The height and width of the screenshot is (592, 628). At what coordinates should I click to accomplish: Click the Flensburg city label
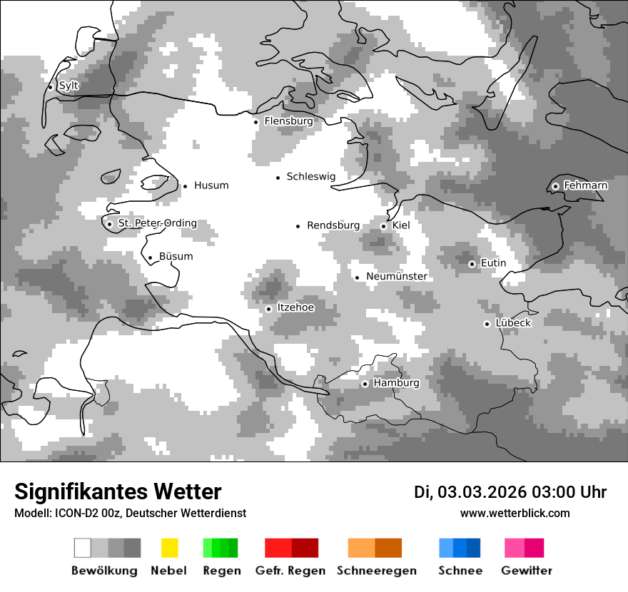(288, 121)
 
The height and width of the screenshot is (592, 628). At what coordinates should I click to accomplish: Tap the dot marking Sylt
(51, 87)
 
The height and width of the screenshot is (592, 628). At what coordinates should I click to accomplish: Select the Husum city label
(211, 185)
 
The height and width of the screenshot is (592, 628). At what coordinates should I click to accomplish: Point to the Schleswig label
(310, 176)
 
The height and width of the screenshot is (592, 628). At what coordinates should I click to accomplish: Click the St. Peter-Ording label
(157, 223)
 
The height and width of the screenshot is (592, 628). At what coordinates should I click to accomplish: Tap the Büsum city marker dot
(150, 258)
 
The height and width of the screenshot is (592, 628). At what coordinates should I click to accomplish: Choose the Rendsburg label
(333, 225)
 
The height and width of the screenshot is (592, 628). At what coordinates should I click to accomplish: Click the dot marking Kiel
(383, 226)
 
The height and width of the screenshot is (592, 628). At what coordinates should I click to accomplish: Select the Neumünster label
(397, 276)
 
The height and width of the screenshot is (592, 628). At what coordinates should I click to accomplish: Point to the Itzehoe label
(295, 307)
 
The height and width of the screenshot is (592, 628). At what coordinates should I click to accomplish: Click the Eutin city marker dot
(472, 264)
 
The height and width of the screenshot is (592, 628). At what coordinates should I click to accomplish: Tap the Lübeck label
(513, 323)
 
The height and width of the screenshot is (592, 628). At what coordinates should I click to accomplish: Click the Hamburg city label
(396, 383)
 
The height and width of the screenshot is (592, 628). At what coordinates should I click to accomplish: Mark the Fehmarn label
(585, 185)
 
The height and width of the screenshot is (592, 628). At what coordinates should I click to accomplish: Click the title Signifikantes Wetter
(118, 491)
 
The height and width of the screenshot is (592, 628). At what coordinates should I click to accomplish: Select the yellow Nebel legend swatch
(169, 548)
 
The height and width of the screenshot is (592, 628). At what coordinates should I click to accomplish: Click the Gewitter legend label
(526, 571)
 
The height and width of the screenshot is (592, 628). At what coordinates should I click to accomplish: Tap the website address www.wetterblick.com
(515, 513)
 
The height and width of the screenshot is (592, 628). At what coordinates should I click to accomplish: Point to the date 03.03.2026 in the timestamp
(482, 492)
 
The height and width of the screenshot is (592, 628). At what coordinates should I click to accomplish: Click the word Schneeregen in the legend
(376, 571)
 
